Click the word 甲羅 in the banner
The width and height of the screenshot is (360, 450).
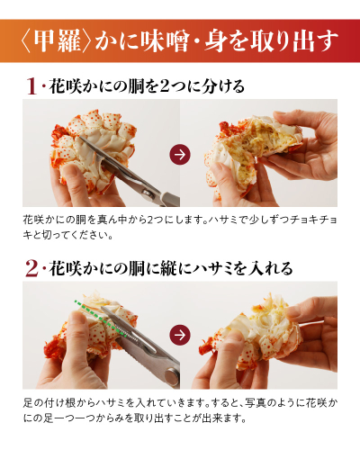click(x=57, y=41)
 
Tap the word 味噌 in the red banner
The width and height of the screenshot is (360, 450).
click(x=165, y=41)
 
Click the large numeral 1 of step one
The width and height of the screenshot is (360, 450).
click(x=31, y=86)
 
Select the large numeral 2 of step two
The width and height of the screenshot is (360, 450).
click(x=31, y=268)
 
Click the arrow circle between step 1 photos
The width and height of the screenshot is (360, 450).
click(x=180, y=154)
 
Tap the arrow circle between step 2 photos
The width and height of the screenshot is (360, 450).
click(x=180, y=335)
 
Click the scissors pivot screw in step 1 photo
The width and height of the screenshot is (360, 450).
click(x=147, y=193)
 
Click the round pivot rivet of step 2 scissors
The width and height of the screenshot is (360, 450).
click(x=172, y=376)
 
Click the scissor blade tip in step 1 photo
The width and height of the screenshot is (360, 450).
click(x=79, y=138)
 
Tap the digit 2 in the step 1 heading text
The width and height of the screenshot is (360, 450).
click(x=165, y=87)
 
